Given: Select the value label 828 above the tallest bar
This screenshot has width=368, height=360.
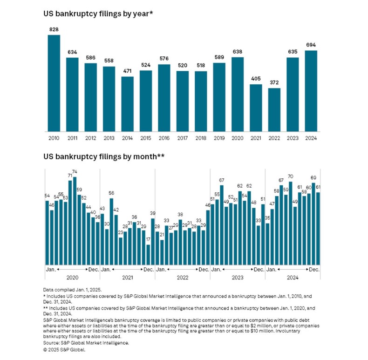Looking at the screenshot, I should (54, 30).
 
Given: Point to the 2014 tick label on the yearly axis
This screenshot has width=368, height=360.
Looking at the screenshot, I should (128, 138).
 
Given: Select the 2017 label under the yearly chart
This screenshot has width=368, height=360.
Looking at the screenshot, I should (183, 138).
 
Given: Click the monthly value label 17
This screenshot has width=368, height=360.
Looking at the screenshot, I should (148, 240).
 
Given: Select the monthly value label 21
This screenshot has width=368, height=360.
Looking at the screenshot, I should (162, 235).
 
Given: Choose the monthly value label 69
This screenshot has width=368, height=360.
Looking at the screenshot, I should (313, 178).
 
